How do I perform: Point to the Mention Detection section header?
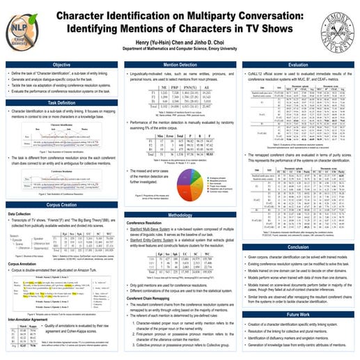click(180, 65)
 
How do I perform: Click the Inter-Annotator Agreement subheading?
click(33, 319)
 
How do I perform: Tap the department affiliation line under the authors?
click(181, 49)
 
